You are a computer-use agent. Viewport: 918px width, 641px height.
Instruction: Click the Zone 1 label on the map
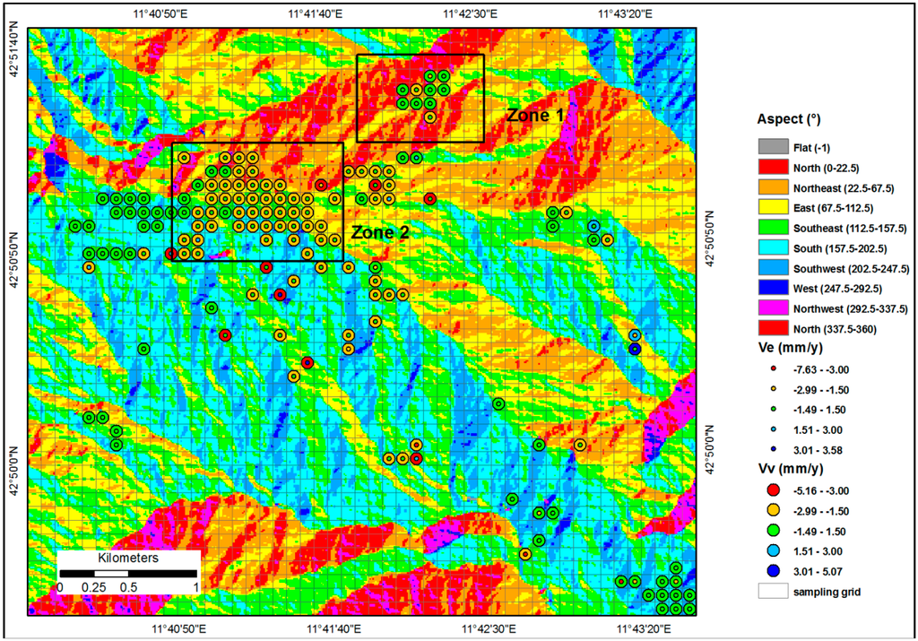pyautogui.click(x=534, y=115)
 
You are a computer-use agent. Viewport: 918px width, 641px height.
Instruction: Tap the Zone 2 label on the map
pyautogui.click(x=380, y=232)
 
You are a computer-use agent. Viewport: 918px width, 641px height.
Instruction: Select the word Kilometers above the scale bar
pyautogui.click(x=127, y=558)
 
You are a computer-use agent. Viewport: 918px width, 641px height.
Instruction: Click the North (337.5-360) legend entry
pyautogui.click(x=836, y=330)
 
